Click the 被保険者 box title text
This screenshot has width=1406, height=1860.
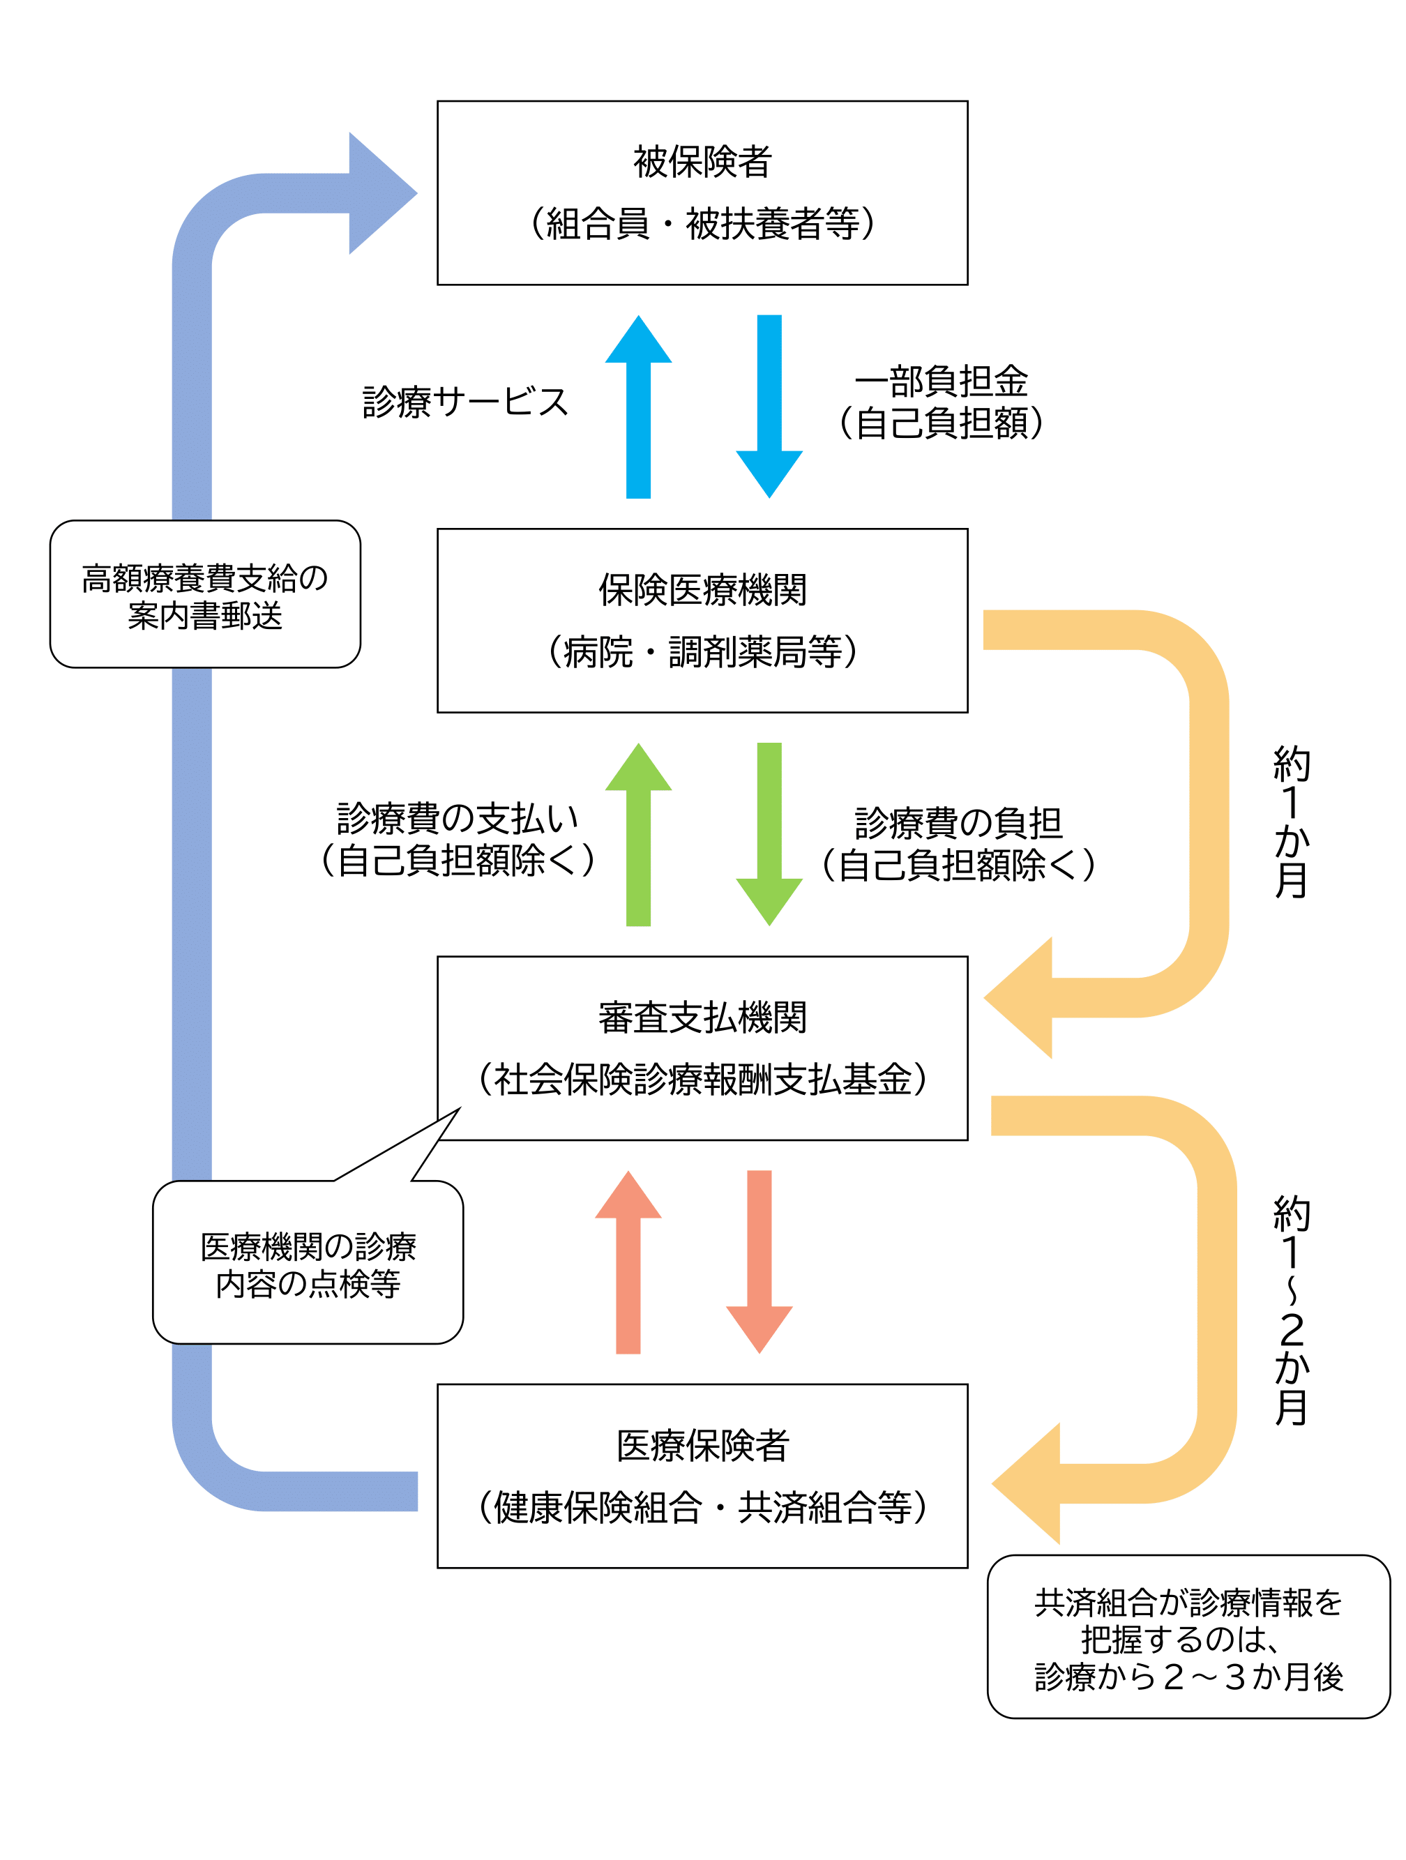point(702,161)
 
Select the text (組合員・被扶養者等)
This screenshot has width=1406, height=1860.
point(702,224)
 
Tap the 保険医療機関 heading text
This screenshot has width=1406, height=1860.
point(702,589)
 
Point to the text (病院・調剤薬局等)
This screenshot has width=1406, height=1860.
point(702,651)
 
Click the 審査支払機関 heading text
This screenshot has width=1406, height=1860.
point(702,1018)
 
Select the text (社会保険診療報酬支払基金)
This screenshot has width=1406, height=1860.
point(702,1080)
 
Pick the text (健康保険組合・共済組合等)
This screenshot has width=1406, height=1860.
point(702,1508)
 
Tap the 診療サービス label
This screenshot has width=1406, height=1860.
point(465,402)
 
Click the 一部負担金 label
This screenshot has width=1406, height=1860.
point(940,381)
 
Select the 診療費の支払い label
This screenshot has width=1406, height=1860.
point(458,818)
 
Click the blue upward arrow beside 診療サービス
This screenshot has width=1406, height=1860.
point(638,408)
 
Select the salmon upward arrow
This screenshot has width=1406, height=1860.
point(628,1262)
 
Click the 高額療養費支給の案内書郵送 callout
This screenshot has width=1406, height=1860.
point(204,594)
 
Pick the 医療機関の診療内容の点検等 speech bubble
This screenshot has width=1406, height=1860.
point(308,1264)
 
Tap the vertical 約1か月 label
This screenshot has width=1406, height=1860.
point(1291,822)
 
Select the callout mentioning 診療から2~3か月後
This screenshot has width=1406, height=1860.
point(1188,1639)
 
